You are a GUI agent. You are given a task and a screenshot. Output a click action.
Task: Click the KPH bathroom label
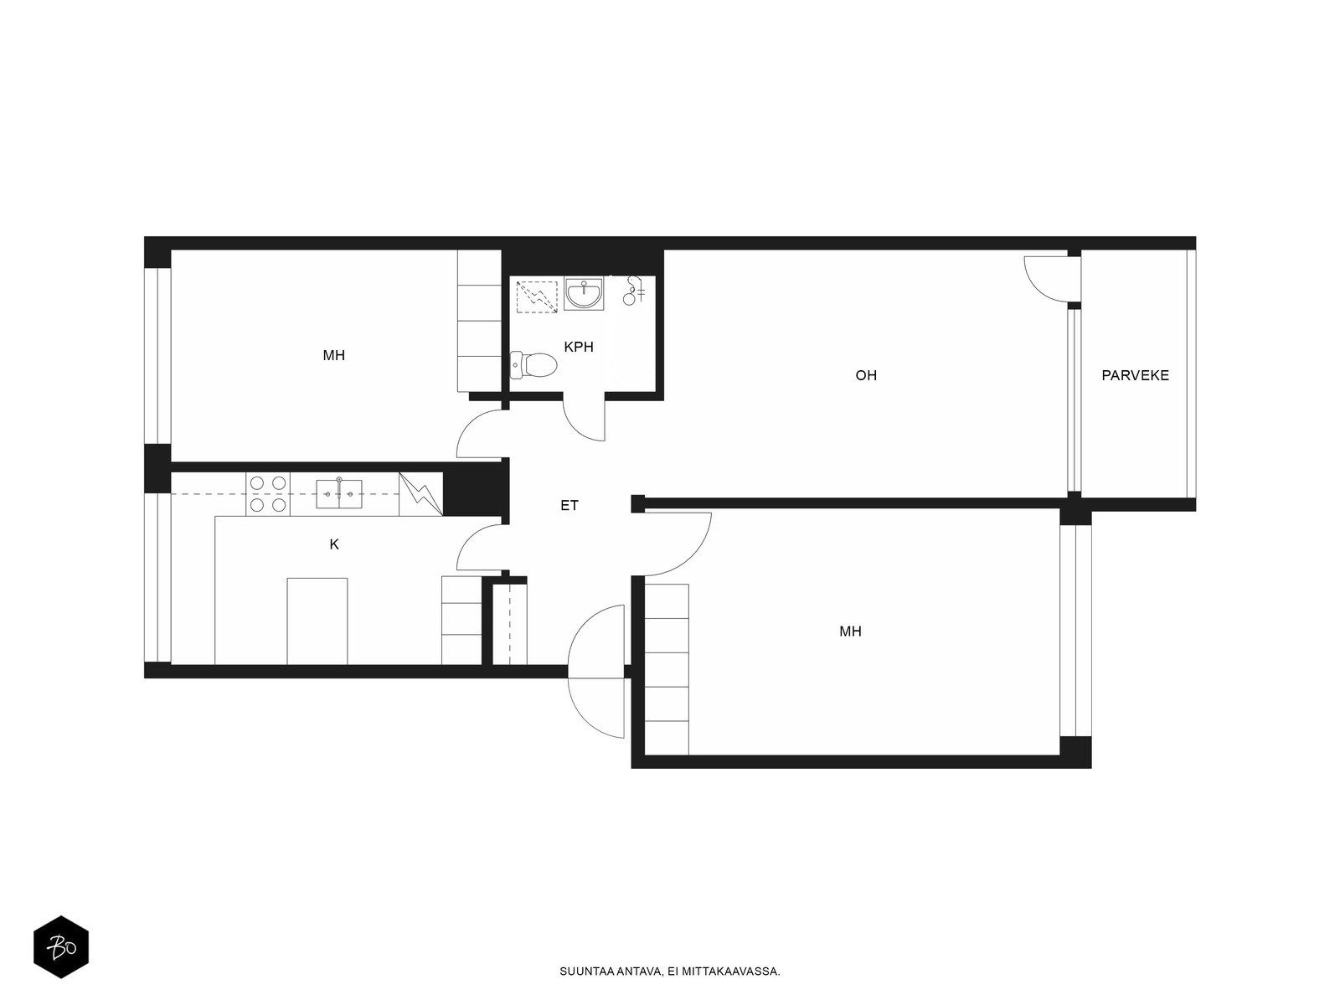578,347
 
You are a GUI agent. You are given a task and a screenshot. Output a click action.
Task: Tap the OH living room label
866,375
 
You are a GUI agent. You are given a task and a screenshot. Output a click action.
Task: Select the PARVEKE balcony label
1135,375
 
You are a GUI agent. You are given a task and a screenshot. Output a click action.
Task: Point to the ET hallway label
569,505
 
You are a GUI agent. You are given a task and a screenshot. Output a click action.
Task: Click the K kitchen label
334,544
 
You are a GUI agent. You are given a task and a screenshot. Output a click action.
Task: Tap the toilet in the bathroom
533,365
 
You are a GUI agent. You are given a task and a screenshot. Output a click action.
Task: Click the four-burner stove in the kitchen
268,494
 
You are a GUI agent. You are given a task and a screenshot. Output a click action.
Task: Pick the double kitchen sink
339,493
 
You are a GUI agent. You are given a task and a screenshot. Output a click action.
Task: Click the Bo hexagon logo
61,947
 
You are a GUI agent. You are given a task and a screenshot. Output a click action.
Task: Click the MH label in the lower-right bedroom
850,631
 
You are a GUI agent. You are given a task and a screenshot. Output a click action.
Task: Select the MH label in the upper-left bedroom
334,355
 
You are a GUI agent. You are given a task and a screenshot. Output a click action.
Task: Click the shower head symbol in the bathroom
633,291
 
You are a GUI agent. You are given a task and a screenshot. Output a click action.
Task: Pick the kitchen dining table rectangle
317,621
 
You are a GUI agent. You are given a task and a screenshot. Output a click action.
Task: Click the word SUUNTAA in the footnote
580,971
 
